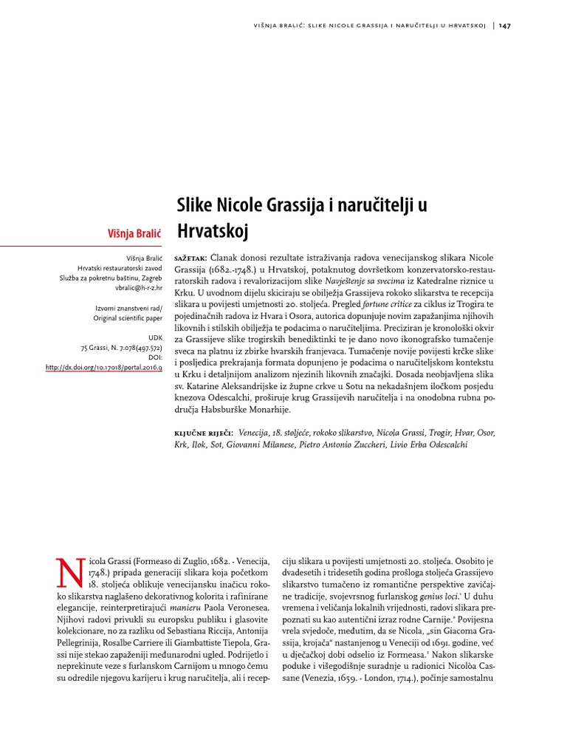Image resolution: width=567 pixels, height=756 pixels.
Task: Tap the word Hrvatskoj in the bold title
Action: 213,231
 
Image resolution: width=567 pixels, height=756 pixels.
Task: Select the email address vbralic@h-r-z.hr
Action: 132,288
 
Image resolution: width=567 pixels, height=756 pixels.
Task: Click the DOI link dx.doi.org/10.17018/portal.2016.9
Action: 103,367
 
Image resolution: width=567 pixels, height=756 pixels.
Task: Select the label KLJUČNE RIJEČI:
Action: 204,433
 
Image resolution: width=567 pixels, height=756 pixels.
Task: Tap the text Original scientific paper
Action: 127,317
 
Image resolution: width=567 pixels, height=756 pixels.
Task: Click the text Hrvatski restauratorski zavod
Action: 120,268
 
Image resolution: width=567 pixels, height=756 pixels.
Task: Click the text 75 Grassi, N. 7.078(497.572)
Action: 121,346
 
